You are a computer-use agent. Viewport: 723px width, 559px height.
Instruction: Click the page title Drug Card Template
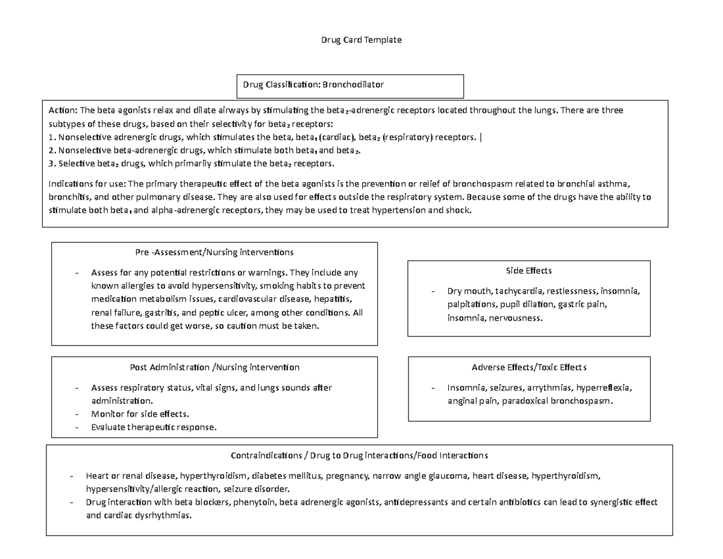point(361,40)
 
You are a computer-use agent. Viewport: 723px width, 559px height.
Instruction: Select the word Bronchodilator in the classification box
point(353,84)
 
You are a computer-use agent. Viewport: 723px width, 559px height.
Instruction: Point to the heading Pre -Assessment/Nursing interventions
point(214,251)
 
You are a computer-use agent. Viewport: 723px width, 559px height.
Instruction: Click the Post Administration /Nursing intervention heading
point(214,367)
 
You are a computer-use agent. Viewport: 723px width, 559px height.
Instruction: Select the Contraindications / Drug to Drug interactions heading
point(359,455)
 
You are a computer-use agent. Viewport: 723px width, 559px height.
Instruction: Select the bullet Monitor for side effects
point(140,414)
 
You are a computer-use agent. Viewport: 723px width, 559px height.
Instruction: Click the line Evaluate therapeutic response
point(153,427)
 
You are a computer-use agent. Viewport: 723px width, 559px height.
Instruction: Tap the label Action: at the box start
point(63,110)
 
